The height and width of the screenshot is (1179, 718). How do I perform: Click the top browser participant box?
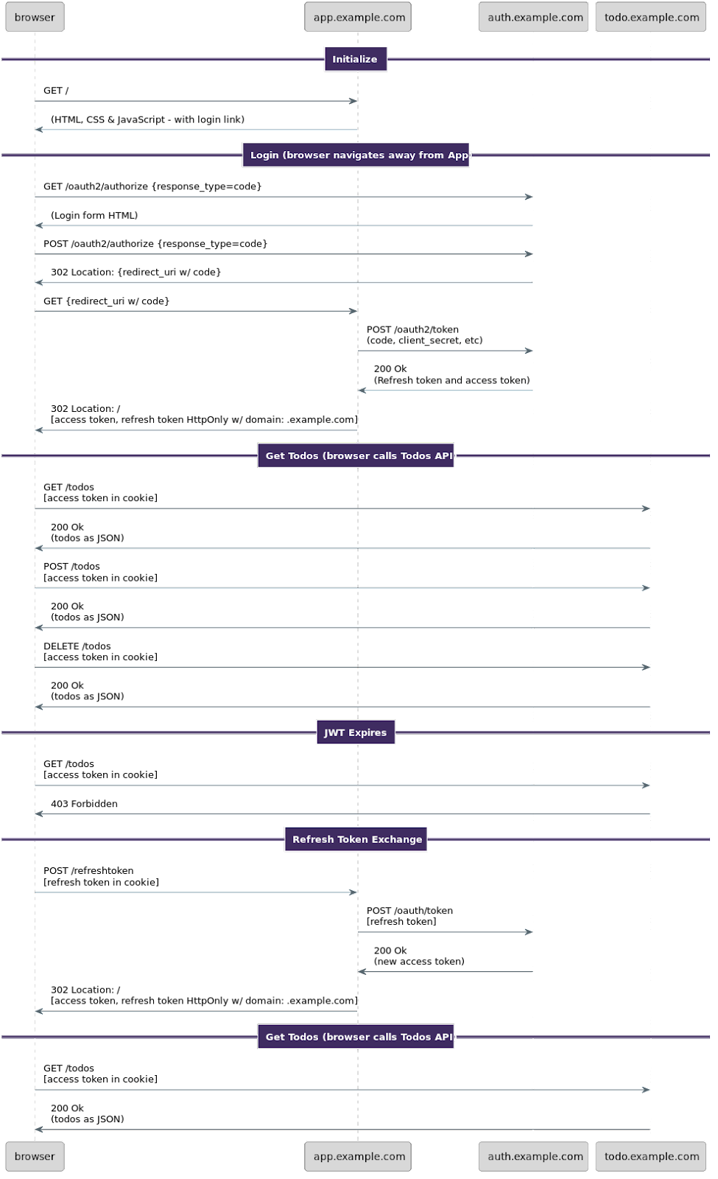click(35, 17)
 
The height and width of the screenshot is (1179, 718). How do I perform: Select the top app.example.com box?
click(358, 17)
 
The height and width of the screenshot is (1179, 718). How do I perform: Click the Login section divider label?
click(356, 155)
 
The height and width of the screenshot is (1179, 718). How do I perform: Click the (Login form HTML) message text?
click(94, 215)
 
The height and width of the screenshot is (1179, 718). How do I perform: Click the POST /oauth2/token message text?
click(412, 329)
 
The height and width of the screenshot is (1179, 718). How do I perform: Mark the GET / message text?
click(56, 91)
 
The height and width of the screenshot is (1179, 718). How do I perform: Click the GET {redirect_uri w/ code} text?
click(106, 301)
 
